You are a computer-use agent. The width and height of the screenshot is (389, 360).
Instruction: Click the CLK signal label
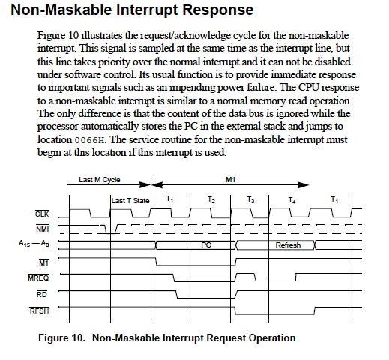point(42,214)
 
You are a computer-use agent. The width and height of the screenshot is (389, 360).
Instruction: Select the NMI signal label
point(43,229)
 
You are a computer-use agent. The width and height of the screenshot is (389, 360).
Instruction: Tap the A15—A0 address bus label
point(34,243)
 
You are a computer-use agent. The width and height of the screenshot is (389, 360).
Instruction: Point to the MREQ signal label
point(38,277)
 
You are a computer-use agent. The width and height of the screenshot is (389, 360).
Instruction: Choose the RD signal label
point(42,295)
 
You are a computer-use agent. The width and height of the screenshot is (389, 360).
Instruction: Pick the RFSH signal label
point(40,310)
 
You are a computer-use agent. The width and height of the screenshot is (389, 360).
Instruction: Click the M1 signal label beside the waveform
point(44,262)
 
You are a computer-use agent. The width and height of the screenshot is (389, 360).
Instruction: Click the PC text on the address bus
point(206,245)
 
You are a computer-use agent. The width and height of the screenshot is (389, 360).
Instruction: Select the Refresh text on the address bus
point(288,245)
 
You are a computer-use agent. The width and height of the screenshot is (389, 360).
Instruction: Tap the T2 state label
point(211,199)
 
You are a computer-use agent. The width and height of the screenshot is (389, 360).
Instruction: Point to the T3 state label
point(250,199)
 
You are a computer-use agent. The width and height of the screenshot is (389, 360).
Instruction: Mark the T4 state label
point(292,200)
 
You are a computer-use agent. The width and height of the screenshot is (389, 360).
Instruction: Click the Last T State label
point(130,201)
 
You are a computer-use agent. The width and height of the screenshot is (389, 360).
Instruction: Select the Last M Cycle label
point(100,180)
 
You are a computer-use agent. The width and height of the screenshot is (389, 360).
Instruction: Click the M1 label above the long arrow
point(230,180)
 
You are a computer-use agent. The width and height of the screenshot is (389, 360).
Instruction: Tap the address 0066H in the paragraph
point(89,140)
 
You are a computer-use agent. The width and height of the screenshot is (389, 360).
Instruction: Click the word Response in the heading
point(218,10)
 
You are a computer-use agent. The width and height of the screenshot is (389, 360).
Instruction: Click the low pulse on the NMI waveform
point(110,233)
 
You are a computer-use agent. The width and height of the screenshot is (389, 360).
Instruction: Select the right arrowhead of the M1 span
point(304,185)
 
